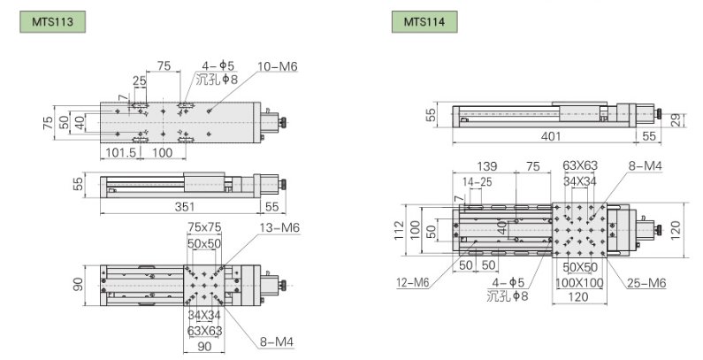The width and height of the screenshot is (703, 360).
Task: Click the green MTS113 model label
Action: click(x=52, y=22)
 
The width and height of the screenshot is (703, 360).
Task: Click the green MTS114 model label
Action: click(x=424, y=22)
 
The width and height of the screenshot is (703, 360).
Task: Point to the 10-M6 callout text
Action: click(x=278, y=67)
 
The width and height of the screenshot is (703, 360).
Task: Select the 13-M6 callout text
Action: click(x=279, y=227)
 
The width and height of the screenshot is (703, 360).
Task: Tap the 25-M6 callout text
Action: click(x=646, y=283)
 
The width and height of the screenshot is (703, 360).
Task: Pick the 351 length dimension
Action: click(x=185, y=207)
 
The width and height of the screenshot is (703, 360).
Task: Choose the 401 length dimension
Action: click(x=551, y=136)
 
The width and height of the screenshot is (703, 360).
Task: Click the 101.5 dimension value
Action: click(x=120, y=153)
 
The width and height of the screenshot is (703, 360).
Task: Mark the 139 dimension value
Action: click(x=487, y=166)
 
